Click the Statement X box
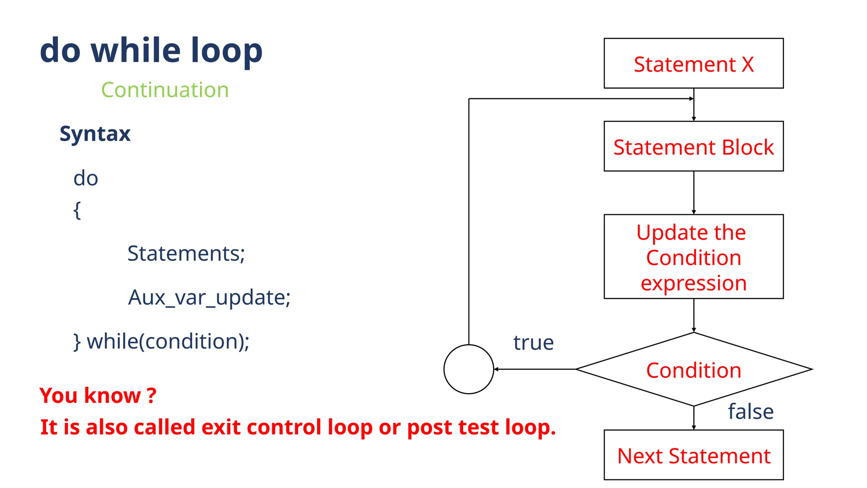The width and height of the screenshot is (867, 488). [693, 64]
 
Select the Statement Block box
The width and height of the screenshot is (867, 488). [693, 147]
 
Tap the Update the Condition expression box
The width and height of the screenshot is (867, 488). [693, 257]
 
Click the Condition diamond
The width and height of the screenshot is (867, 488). [693, 370]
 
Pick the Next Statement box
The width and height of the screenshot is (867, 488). [693, 455]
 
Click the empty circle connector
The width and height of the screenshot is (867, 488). [469, 369]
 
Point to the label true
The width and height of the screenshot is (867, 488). [533, 342]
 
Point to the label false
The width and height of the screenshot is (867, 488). [751, 411]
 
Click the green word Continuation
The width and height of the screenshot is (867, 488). [165, 90]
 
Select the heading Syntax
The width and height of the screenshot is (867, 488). [95, 134]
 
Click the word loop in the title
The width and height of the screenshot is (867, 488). [226, 51]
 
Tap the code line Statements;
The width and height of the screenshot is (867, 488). [186, 253]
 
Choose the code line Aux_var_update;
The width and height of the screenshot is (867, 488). [209, 297]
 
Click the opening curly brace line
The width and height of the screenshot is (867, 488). [77, 210]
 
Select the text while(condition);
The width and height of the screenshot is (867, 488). [168, 341]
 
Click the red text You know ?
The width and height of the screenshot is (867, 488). [98, 396]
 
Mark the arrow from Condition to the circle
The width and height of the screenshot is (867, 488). [534, 369]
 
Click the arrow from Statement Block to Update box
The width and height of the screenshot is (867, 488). [693, 193]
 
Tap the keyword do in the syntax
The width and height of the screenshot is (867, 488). [86, 178]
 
